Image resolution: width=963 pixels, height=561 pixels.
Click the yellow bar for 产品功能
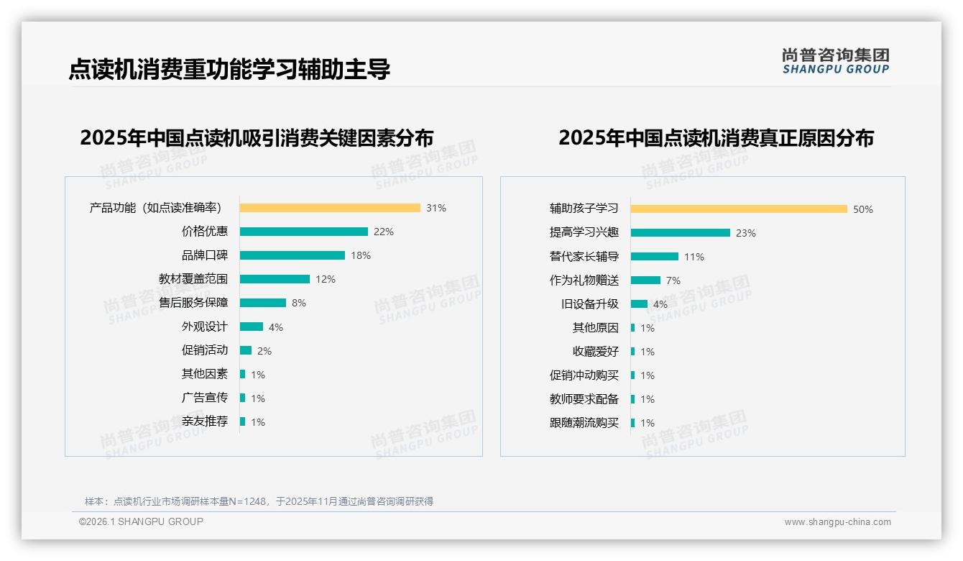330,208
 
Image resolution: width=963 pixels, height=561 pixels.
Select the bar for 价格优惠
303,232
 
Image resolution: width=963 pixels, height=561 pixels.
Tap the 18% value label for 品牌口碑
360,255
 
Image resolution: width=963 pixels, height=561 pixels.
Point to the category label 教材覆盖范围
193,279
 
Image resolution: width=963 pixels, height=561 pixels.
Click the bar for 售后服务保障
262,303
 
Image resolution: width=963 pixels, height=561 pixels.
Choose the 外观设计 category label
204,327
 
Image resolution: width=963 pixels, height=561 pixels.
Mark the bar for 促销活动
246,350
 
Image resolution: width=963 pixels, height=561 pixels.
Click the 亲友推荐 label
204,421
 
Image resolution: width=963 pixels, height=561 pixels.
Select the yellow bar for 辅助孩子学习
739,209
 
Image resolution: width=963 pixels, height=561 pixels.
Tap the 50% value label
862,209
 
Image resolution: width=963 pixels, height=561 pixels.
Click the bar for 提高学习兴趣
680,232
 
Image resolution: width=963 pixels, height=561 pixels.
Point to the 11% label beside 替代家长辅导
694,257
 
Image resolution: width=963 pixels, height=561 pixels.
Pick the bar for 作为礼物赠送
645,280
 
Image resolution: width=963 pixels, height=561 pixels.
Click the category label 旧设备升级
589,304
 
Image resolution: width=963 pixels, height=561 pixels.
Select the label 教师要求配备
584,399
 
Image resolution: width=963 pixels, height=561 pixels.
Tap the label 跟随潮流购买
584,423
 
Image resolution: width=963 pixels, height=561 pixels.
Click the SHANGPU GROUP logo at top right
835,61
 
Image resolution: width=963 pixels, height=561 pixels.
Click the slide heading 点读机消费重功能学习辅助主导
229,70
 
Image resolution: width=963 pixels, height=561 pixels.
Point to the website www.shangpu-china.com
837,522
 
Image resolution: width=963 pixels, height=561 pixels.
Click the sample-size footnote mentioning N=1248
259,501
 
